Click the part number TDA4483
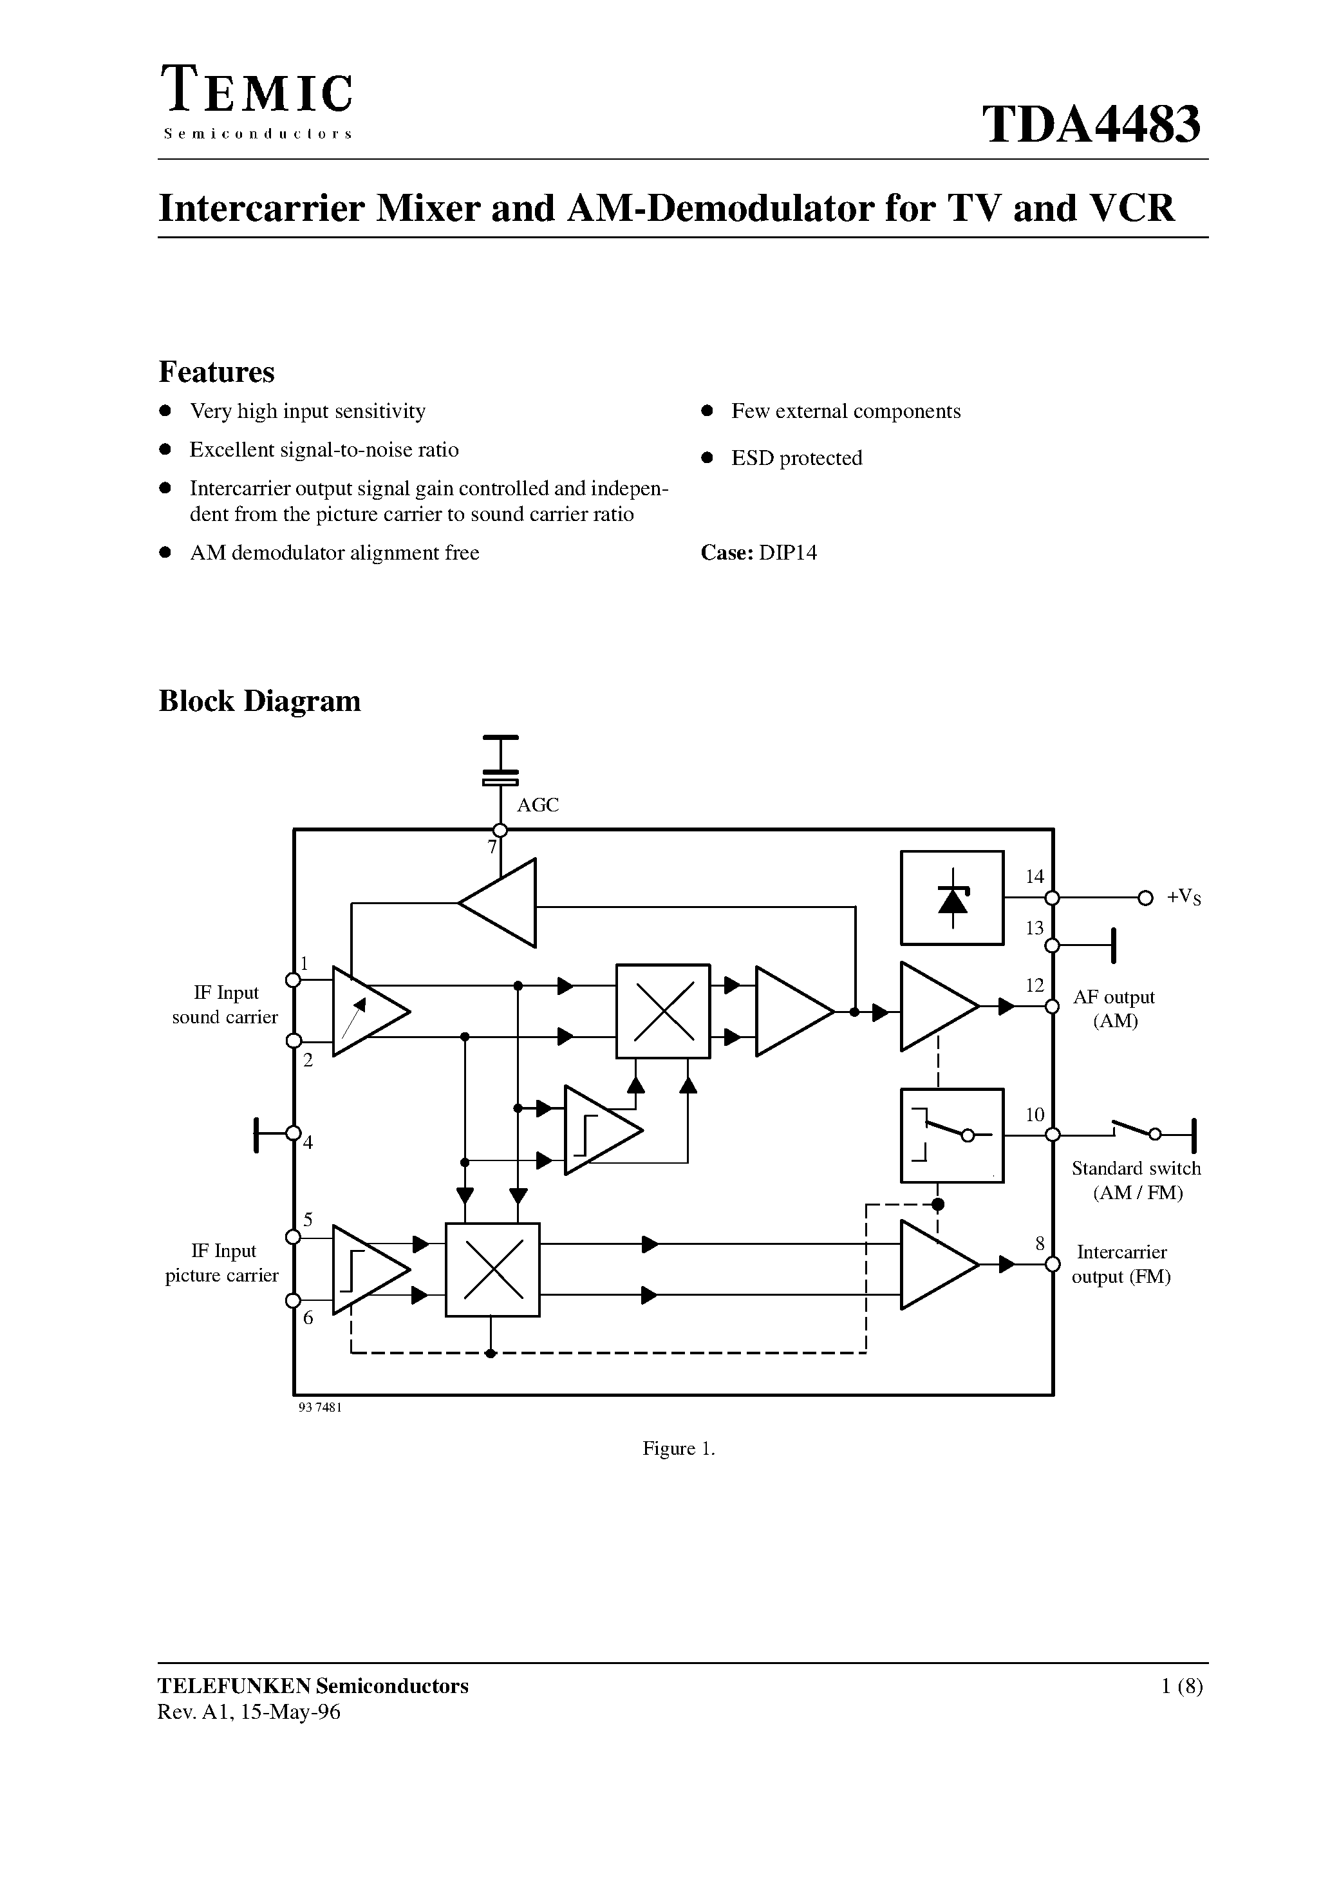tap(1091, 125)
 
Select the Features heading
tap(216, 372)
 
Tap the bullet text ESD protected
tap(796, 458)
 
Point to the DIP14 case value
tap(787, 553)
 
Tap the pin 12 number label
tap(1035, 985)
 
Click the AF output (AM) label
tap(1114, 1008)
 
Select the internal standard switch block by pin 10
tap(952, 1135)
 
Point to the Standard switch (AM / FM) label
tap(1136, 1180)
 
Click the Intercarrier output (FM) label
tap(1121, 1263)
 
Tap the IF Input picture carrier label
tap(222, 1263)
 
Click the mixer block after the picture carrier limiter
tap(492, 1269)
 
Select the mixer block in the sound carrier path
tap(662, 1011)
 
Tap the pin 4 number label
tap(308, 1142)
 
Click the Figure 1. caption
tap(678, 1449)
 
